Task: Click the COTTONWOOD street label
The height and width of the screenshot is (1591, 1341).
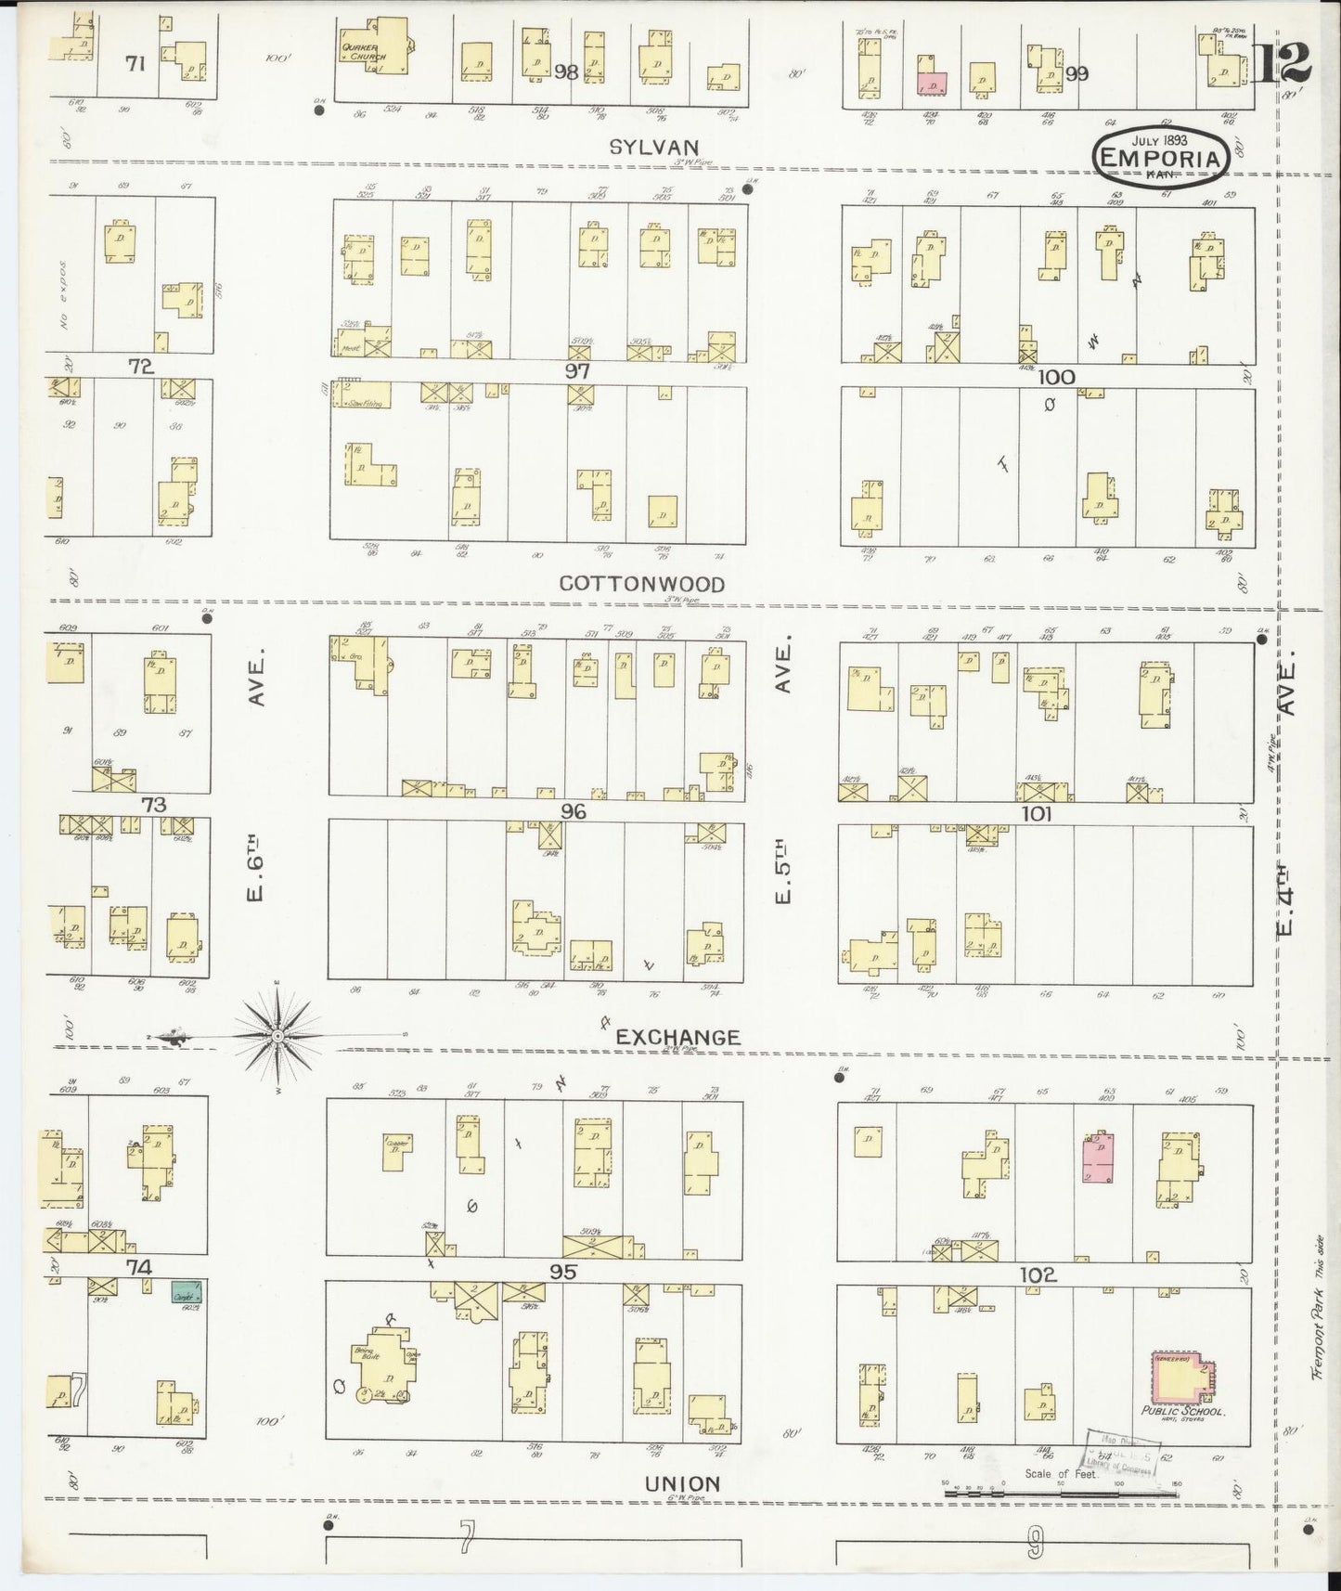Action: click(x=642, y=583)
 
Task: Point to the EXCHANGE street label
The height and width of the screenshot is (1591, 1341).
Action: click(x=678, y=1037)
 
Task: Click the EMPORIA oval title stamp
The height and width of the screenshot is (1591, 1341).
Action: click(x=1160, y=158)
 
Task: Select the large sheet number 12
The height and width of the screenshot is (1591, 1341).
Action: click(x=1285, y=63)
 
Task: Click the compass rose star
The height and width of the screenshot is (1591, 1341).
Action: click(x=277, y=1034)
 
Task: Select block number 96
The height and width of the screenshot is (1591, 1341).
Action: click(x=573, y=810)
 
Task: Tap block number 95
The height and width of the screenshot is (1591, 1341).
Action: click(x=562, y=1272)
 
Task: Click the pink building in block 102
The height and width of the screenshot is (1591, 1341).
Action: click(x=1098, y=1157)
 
